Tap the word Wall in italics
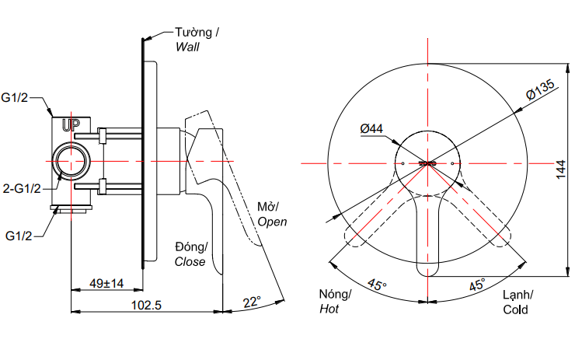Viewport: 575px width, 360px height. (187, 47)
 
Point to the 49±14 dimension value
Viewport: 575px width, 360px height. (106, 283)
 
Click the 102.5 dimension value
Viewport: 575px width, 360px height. (145, 305)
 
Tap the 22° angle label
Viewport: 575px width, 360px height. (251, 301)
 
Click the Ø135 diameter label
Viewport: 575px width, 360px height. (540, 93)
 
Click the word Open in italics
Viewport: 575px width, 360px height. (272, 221)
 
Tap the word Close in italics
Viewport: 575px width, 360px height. (190, 261)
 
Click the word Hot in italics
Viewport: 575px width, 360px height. (329, 309)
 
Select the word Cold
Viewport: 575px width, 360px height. (514, 309)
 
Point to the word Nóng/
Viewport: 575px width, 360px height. (336, 295)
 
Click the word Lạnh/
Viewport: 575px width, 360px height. (517, 295)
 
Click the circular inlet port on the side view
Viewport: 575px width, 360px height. (73, 164)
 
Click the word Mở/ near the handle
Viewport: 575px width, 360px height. (268, 207)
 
